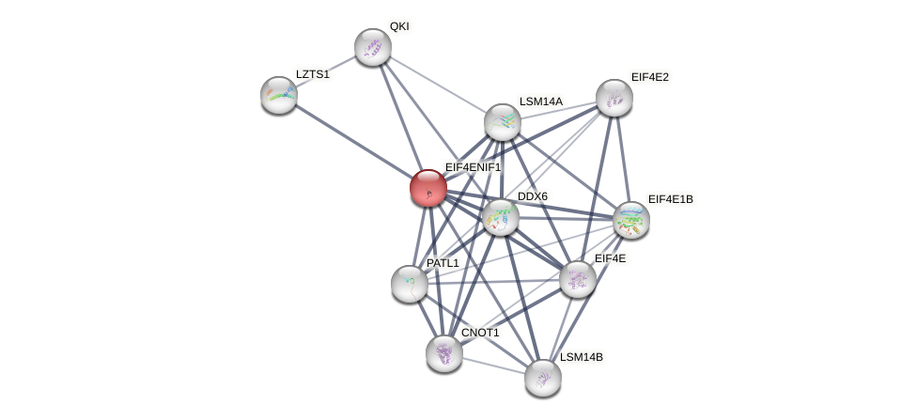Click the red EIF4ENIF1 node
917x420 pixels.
tap(428, 188)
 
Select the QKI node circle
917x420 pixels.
tap(373, 47)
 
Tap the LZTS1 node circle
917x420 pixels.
tap(279, 95)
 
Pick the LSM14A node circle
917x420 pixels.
tap(503, 122)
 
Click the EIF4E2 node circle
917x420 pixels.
tap(614, 98)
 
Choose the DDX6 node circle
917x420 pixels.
tap(501, 217)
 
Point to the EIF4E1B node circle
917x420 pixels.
tap(631, 220)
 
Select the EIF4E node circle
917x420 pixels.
tap(578, 279)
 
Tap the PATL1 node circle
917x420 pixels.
tap(410, 284)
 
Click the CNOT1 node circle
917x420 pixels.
tap(444, 353)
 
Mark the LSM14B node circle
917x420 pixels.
tap(543, 378)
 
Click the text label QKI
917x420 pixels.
tap(399, 26)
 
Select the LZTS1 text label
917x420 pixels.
tap(313, 74)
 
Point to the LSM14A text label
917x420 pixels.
tap(541, 101)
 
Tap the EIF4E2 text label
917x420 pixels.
tap(650, 77)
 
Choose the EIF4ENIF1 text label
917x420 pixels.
tap(474, 167)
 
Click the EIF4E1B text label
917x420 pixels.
tap(671, 199)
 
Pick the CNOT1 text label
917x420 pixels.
tap(480, 333)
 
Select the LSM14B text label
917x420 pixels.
tap(582, 357)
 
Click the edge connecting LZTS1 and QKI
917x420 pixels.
tap(325, 71)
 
